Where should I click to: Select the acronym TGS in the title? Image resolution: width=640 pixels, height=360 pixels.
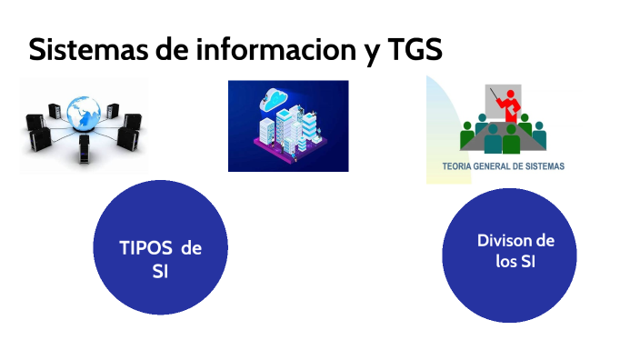click(x=415, y=49)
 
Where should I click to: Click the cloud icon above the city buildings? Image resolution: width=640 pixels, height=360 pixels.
click(x=275, y=96)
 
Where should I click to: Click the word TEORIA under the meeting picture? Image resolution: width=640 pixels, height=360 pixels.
click(x=459, y=166)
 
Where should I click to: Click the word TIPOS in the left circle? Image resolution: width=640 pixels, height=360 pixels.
click(x=145, y=248)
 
